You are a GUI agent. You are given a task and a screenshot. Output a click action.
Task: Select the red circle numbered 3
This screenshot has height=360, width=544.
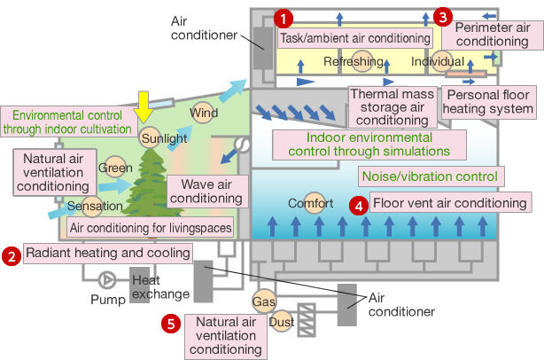445,16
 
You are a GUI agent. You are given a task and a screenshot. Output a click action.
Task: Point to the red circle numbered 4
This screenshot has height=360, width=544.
358,205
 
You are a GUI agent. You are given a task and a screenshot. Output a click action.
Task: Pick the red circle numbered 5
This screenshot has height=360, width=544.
171,324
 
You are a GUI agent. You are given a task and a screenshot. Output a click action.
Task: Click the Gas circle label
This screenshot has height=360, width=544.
264,301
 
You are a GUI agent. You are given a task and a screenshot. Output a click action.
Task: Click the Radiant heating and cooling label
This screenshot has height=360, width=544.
108,254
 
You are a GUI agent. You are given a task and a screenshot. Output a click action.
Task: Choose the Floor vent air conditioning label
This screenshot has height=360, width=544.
449,203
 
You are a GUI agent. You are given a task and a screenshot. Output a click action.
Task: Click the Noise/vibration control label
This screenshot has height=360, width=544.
429,175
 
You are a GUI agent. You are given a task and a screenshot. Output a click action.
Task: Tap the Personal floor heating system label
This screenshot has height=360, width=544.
490,101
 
